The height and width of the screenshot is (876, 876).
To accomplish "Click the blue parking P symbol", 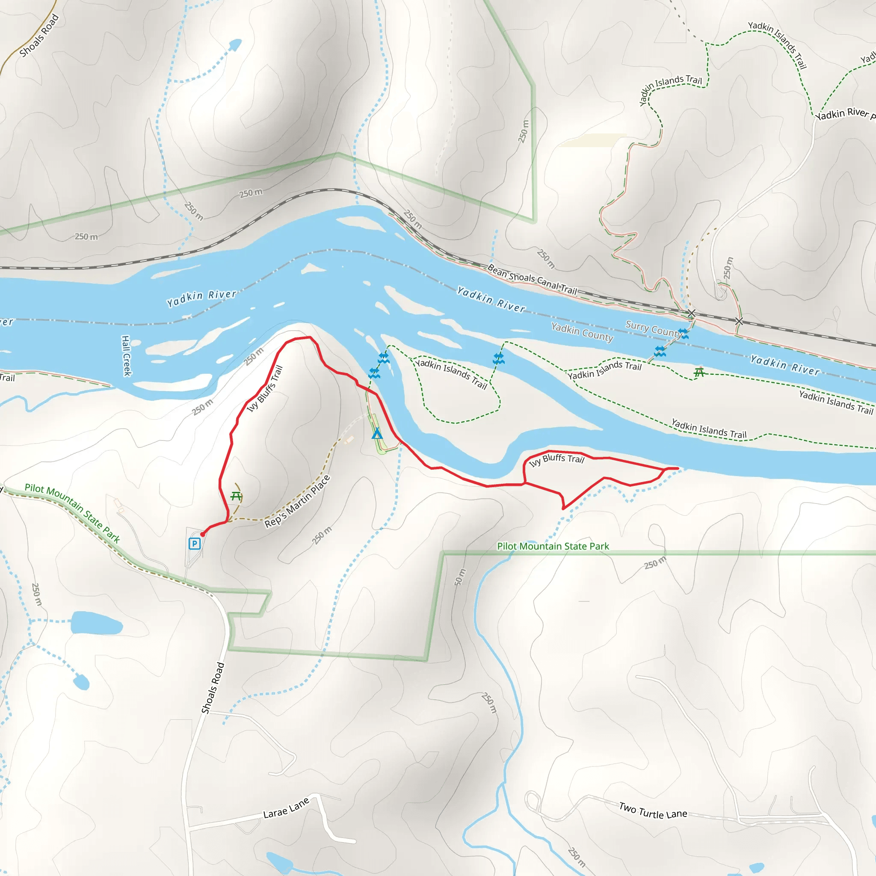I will [x=195, y=543].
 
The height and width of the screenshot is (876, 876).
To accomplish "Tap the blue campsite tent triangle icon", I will [x=377, y=434].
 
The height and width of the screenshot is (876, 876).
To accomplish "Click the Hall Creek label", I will [x=126, y=356].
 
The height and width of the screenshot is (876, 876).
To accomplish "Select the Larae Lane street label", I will [x=286, y=808].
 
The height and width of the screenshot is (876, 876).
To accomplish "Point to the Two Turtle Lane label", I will [x=653, y=810].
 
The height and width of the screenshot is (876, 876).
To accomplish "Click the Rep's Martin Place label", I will [x=297, y=501].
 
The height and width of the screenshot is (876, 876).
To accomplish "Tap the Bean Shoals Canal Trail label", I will [x=532, y=279].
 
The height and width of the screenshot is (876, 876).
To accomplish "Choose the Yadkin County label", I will [x=582, y=332].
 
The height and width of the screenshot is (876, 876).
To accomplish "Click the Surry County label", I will [x=653, y=328].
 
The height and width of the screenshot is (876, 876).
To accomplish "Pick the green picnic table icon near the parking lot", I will [x=236, y=496].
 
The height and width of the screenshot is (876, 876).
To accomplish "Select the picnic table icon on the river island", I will [x=699, y=372].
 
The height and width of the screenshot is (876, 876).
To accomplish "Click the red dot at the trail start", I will [x=203, y=534].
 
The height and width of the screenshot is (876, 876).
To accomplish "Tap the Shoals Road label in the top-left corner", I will [x=39, y=36].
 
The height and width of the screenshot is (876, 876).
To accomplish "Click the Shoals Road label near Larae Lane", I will [x=213, y=688].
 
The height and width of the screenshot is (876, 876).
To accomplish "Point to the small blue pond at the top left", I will [x=235, y=45].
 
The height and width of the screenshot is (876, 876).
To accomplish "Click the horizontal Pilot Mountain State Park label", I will [x=553, y=546].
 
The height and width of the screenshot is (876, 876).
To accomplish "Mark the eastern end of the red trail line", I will [x=678, y=468].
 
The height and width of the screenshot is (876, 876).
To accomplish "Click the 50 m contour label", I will [x=460, y=577].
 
